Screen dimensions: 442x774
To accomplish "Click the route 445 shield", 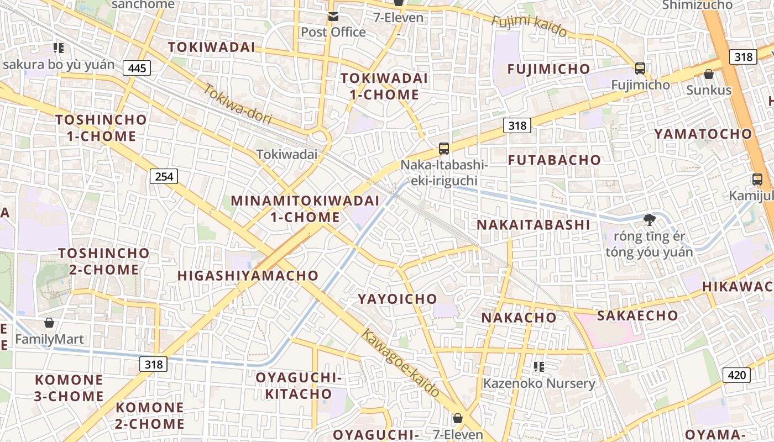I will (137, 68).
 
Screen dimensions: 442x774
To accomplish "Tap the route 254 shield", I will (164, 176).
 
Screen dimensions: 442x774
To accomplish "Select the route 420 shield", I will (736, 375).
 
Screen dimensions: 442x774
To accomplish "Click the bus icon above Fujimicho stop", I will (640, 69).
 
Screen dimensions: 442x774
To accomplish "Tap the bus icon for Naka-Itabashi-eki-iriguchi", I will (443, 148).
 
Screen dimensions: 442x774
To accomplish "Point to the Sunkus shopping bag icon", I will (708, 73).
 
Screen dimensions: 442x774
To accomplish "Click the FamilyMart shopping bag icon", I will (49, 323).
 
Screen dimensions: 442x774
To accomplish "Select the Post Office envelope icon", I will (333, 17).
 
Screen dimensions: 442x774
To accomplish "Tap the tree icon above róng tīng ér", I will (649, 219).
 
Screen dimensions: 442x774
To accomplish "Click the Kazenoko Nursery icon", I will (539, 366).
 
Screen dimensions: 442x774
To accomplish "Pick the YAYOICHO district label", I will (397, 299).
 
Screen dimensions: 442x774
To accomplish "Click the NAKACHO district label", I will (519, 317).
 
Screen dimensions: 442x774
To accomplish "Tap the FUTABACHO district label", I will (554, 160).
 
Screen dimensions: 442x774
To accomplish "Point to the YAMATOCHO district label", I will (703, 134).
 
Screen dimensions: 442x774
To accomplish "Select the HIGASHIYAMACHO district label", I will (248, 275).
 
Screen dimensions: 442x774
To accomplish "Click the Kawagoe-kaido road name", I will (401, 363).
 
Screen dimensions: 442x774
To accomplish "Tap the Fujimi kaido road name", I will (529, 25).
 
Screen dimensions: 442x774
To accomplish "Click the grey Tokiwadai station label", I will (286, 154).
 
